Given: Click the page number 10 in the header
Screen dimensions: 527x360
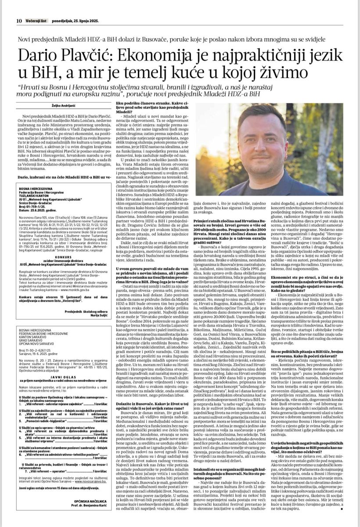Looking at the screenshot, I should point(19,8).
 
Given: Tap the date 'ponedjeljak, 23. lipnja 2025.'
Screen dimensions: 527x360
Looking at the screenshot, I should point(76,8).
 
